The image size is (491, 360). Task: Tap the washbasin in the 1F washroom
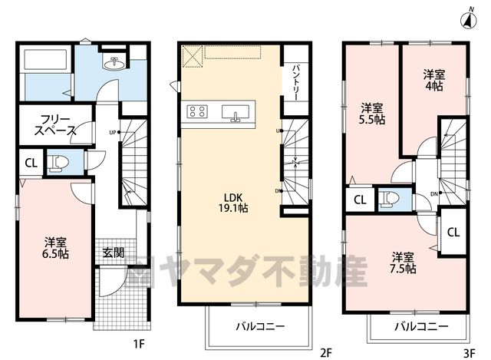coord(114,64)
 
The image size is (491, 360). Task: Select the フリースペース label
coord(55,125)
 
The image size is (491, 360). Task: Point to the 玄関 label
coord(114,253)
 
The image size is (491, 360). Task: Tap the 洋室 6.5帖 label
coord(55,248)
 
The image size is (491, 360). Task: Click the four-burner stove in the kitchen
coord(197,111)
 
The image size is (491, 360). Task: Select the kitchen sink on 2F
coord(236,113)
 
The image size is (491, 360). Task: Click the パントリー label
coord(296,83)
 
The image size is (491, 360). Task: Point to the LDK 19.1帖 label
coord(233,203)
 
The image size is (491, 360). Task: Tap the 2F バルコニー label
coord(261,327)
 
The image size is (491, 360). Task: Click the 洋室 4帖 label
coord(434,80)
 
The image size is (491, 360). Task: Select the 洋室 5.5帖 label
coord(371,114)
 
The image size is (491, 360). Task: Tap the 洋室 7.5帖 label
coord(403,263)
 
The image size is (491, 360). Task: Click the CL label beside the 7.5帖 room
coord(453,232)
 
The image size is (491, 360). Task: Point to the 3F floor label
coord(469,354)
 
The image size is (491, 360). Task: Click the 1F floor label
coord(139,345)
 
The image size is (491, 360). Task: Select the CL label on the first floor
coord(31,163)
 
